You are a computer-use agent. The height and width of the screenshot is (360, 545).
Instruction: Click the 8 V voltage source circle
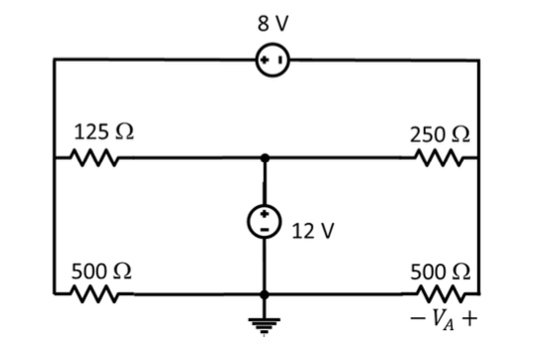(272, 60)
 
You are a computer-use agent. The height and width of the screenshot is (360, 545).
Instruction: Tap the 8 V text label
(271, 21)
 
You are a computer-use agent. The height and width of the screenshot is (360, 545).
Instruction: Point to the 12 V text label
(314, 231)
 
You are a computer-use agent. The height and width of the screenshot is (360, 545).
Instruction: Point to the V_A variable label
(443, 322)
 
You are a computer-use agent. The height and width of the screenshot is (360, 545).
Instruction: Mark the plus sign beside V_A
(468, 322)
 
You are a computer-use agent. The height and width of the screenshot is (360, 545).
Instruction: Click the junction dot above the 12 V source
(265, 158)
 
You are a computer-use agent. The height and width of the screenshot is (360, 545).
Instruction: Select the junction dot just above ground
(265, 294)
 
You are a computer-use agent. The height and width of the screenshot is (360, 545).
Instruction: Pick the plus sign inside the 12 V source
(265, 216)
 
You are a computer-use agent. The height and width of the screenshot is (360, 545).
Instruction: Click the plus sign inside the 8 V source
(263, 60)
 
